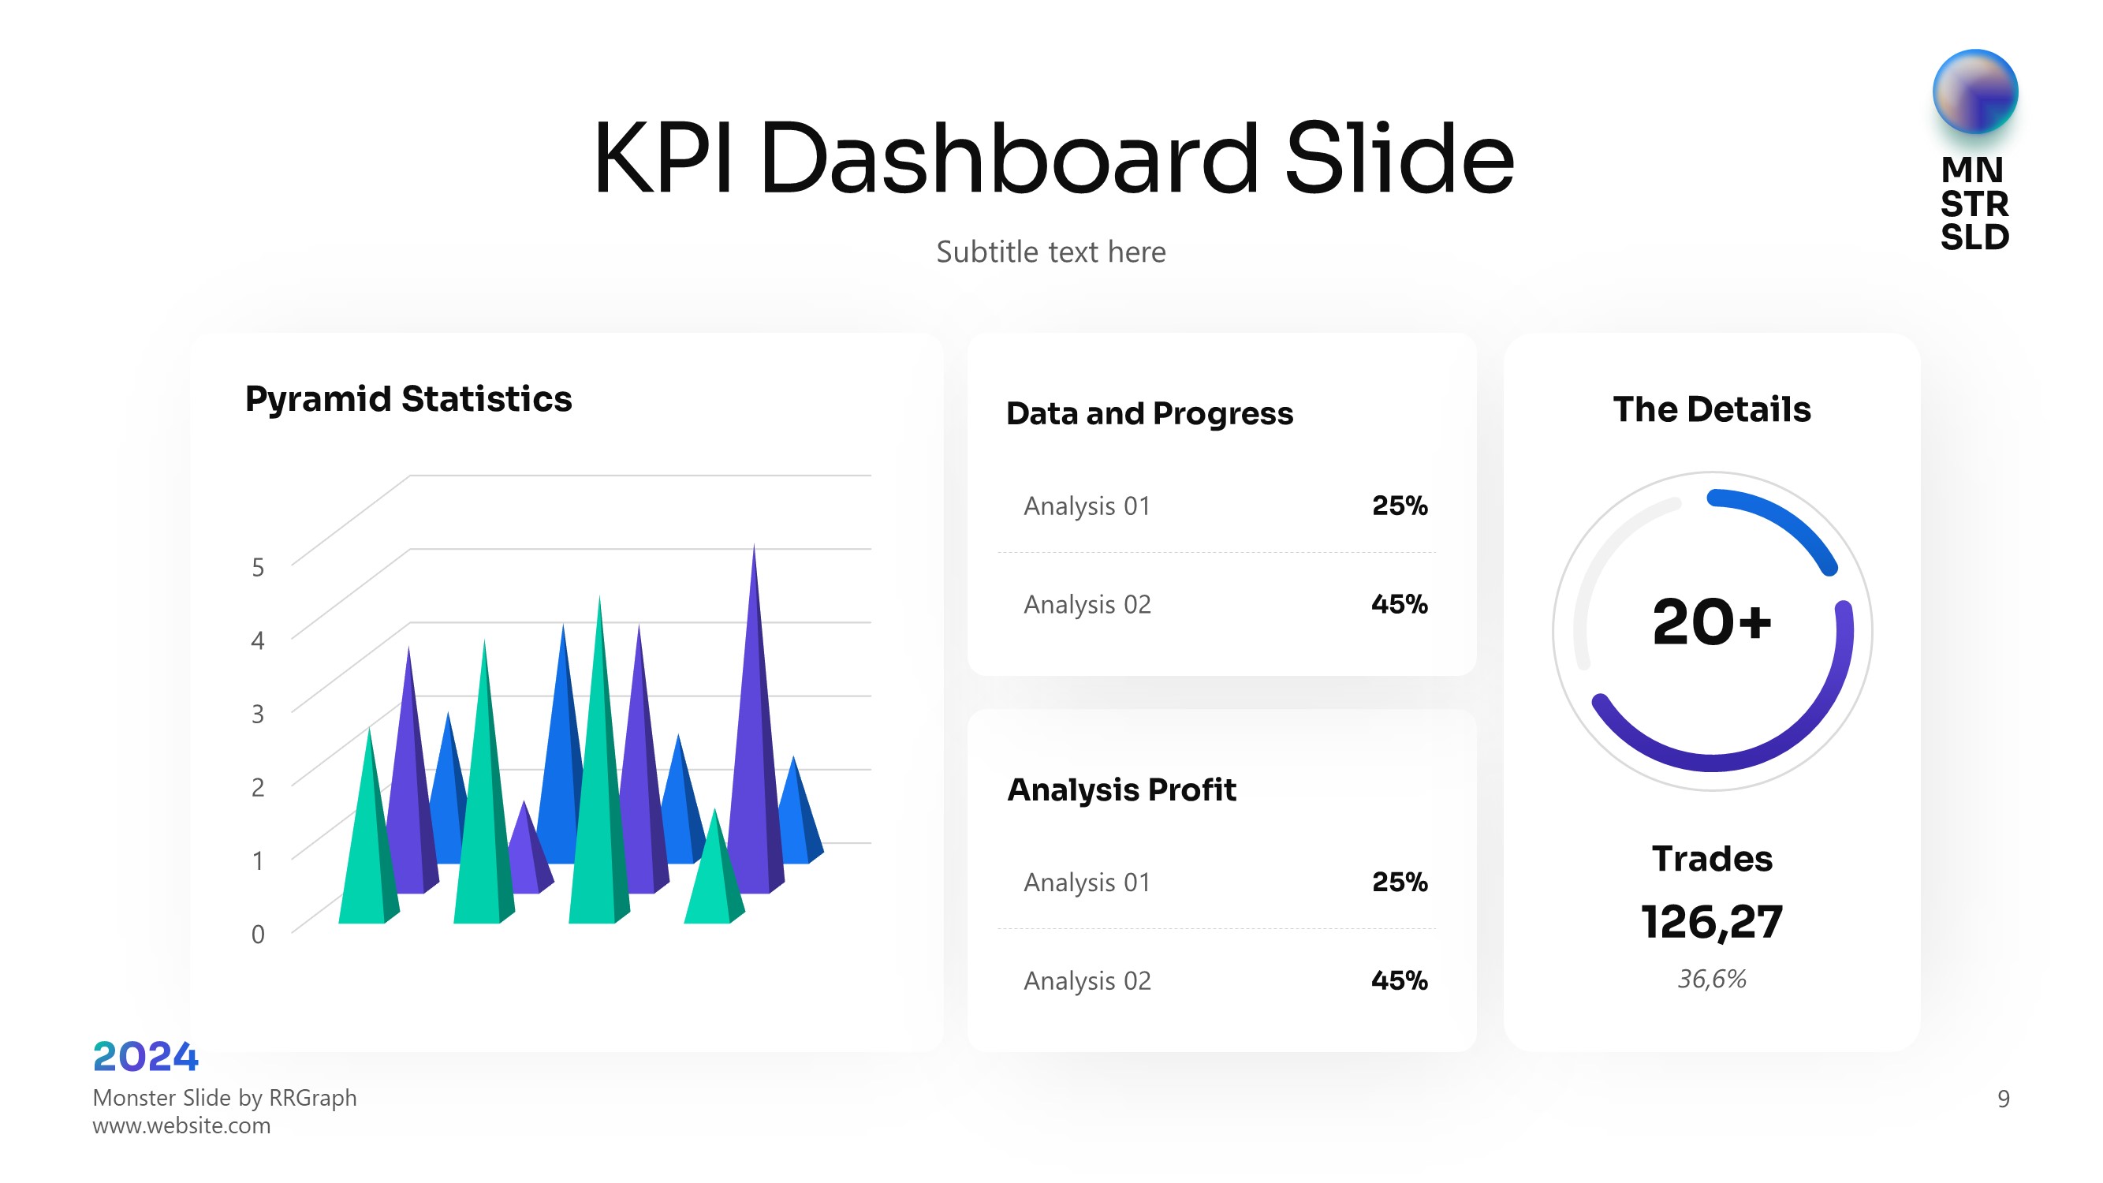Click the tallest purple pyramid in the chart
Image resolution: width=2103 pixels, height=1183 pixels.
coord(755,735)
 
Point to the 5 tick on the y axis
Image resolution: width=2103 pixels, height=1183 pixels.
coord(258,567)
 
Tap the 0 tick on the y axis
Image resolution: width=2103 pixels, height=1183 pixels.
coord(258,934)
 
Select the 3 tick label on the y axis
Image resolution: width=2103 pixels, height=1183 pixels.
coord(258,715)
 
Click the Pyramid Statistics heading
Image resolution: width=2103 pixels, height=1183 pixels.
coord(408,399)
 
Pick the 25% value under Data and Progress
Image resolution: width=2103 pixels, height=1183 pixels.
coord(1400,506)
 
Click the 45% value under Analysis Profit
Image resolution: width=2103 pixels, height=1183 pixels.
coord(1400,980)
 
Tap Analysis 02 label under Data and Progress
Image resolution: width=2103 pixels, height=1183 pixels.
coord(1087,605)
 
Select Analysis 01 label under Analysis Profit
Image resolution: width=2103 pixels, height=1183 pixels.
coord(1087,883)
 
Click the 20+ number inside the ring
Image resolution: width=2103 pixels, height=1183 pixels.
coord(1712,623)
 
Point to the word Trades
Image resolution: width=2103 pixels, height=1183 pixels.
coord(1712,859)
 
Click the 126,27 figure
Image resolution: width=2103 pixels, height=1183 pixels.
coord(1712,923)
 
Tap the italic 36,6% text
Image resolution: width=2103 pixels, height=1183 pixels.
coord(1712,979)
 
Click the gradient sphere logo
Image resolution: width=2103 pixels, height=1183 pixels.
coord(1974,91)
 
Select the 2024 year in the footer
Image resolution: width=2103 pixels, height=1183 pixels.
coord(145,1058)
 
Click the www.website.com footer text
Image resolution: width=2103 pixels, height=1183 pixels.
coord(181,1126)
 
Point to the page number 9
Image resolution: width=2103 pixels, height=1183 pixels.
coord(2004,1099)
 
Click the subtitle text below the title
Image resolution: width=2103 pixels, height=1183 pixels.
coord(1050,252)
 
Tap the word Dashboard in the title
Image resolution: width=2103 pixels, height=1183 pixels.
coord(1009,159)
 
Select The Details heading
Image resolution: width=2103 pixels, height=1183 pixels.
coord(1712,409)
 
